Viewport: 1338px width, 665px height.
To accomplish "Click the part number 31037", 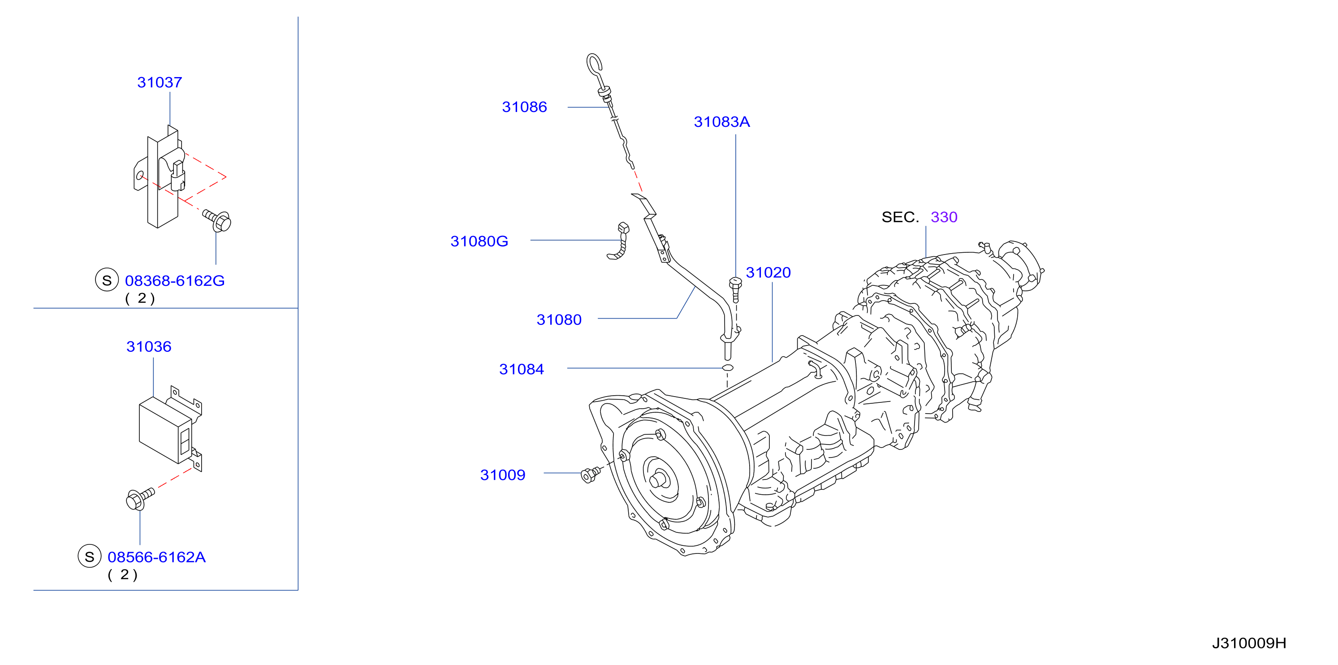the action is coord(160,82).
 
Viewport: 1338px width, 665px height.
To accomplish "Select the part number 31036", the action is coord(149,346).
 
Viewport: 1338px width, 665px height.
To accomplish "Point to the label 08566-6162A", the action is coord(156,557).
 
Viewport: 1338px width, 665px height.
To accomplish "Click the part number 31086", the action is coord(524,107).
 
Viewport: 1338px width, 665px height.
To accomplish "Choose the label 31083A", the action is coord(721,122).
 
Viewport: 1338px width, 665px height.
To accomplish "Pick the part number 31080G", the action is coord(479,242).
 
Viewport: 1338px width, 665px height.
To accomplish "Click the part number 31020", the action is coord(768,273).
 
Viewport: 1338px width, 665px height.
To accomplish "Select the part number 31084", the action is coord(522,369).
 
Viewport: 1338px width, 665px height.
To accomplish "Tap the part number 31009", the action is coord(503,475).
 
